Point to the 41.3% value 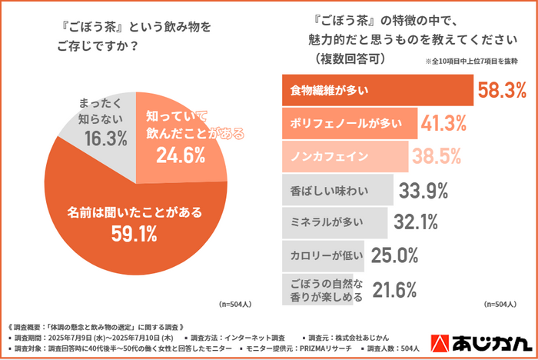coord(445,123)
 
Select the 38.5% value coord(436,156)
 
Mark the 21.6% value coord(394,289)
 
